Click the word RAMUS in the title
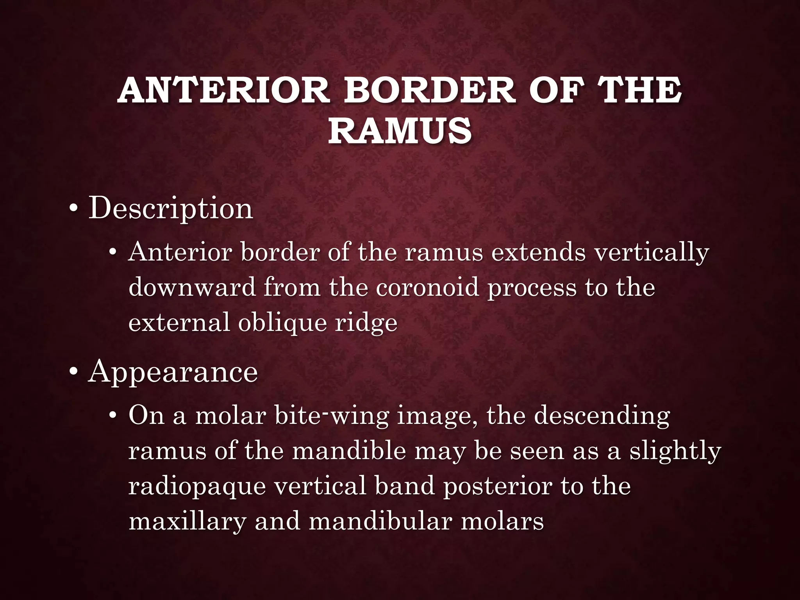coord(400,131)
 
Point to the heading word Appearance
coord(173,372)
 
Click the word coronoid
coord(427,288)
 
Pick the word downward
coord(192,288)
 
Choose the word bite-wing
coord(332,416)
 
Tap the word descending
coord(602,416)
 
